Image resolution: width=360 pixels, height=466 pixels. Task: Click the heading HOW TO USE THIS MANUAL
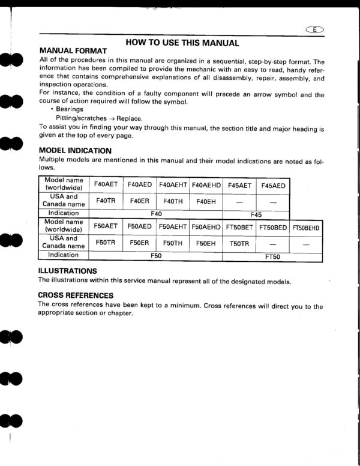[182, 43]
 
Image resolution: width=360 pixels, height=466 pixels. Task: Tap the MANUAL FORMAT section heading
[73, 51]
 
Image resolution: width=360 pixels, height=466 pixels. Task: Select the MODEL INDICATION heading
[75, 150]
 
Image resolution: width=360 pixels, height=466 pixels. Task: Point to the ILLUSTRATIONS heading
[67, 271]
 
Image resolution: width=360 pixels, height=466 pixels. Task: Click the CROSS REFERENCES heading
[76, 295]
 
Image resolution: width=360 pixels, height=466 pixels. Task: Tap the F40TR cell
[106, 201]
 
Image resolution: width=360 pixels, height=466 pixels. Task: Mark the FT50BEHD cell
[307, 228]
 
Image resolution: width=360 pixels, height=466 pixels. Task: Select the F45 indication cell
[256, 214]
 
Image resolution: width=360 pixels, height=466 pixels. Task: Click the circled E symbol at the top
[314, 30]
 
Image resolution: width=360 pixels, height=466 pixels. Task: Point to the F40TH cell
[173, 201]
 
